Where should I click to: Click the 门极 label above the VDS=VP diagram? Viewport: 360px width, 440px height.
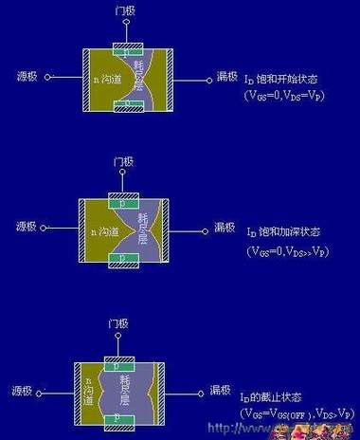coord(126,11)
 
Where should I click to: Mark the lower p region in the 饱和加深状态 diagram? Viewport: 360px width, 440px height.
coord(127,256)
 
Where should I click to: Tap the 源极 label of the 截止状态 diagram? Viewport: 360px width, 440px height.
coord(29,388)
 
